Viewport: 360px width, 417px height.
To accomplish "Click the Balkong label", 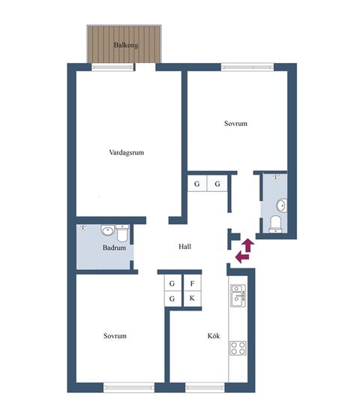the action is coord(126,45).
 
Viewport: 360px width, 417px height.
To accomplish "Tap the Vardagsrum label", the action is coord(127,152).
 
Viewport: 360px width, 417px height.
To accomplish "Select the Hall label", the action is coord(184,247).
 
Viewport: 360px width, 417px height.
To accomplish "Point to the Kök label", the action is coord(214,335).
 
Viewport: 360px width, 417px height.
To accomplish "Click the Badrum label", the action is coord(114,247).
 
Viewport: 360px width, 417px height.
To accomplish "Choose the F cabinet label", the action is coord(192,283).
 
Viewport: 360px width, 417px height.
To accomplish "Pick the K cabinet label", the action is coord(192,298).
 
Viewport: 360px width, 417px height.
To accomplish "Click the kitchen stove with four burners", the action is coord(238,348).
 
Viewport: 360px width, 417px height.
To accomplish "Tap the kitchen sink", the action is coord(238,295).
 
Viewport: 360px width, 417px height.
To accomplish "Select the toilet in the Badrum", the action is coord(122,233).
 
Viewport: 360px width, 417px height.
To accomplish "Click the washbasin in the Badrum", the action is coord(108,230).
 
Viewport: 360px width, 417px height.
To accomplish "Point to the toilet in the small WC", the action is coord(275,224).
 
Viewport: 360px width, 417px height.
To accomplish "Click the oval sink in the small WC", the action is coord(281,205).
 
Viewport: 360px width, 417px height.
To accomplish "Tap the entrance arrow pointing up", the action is coord(248,245).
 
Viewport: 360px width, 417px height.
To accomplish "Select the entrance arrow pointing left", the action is coord(242,257).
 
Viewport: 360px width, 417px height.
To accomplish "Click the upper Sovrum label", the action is coord(235,124).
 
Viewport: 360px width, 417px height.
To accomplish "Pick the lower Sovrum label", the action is coord(115,335).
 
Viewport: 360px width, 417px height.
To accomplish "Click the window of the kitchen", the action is coord(205,387).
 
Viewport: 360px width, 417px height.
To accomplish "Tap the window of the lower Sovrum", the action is coord(129,387).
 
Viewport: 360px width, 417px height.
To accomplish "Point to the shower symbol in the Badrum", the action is coord(83,228).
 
